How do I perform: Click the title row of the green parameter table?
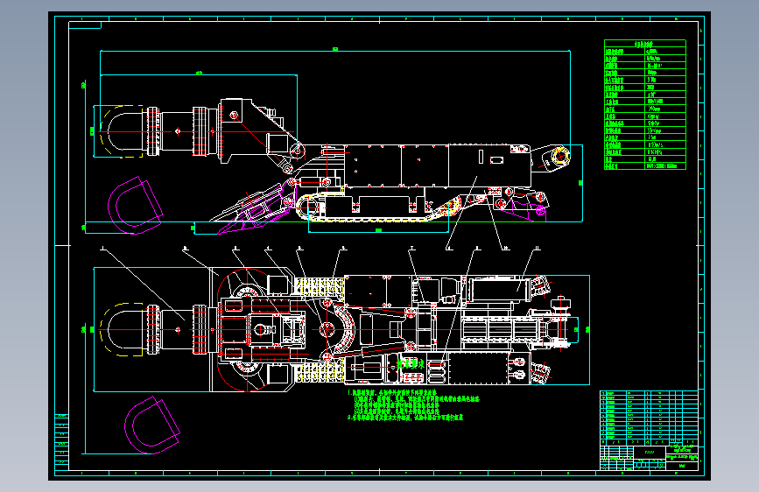(x=644, y=43)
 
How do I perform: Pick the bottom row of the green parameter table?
(x=644, y=165)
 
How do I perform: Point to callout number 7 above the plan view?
(x=411, y=249)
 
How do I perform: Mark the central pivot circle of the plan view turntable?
(x=327, y=329)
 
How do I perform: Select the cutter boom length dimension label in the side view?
(x=200, y=72)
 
